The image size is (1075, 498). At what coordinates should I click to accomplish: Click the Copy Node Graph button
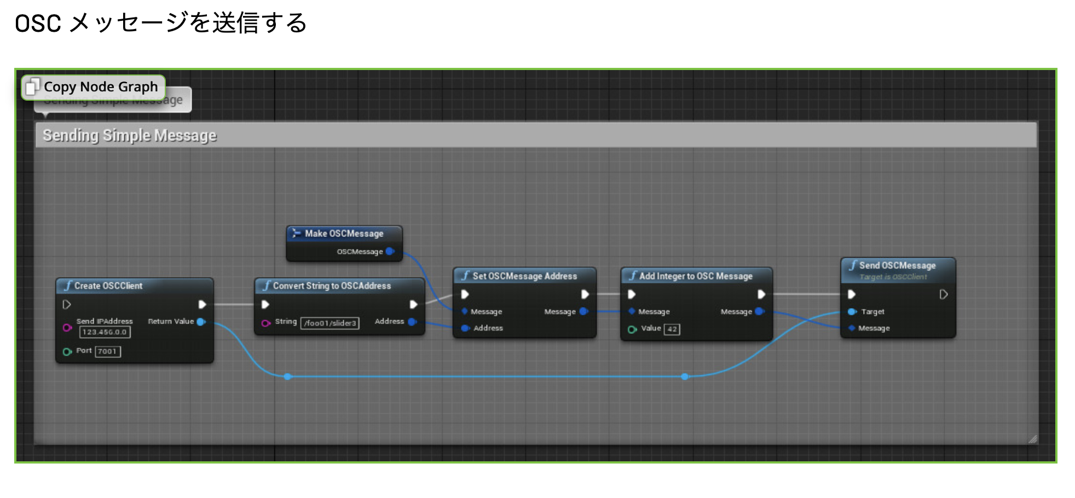[x=94, y=87]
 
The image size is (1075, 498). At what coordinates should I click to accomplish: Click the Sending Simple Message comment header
[x=130, y=135]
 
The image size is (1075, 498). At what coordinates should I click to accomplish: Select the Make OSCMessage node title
[x=344, y=234]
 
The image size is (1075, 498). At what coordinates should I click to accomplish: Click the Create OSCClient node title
[x=108, y=286]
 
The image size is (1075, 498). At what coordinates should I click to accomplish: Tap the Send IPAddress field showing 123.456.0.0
[x=105, y=332]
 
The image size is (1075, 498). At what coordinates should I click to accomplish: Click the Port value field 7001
[x=107, y=351]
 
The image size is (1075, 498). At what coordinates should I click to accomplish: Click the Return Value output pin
[x=201, y=322]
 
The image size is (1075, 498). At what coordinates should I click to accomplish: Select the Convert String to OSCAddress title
[x=332, y=286]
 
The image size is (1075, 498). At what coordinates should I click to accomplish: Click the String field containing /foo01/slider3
[x=330, y=323]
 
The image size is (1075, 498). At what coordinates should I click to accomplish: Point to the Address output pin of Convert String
[x=412, y=322]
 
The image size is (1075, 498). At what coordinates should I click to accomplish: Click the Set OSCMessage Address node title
[x=524, y=276]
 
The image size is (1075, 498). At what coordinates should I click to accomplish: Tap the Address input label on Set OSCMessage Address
[x=488, y=328]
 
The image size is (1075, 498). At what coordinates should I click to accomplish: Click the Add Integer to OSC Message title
[x=696, y=276]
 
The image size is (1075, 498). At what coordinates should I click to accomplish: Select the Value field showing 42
[x=672, y=329]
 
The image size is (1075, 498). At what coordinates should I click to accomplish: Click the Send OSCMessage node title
[x=897, y=265]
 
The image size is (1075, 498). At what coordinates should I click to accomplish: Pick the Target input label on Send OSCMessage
[x=872, y=312]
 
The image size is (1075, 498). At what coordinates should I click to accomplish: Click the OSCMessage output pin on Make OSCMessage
[x=390, y=252]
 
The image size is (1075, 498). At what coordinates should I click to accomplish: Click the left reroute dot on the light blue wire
[x=288, y=377]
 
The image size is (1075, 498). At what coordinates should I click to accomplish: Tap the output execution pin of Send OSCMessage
[x=943, y=294]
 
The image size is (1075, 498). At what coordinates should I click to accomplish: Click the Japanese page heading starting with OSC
[x=160, y=23]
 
